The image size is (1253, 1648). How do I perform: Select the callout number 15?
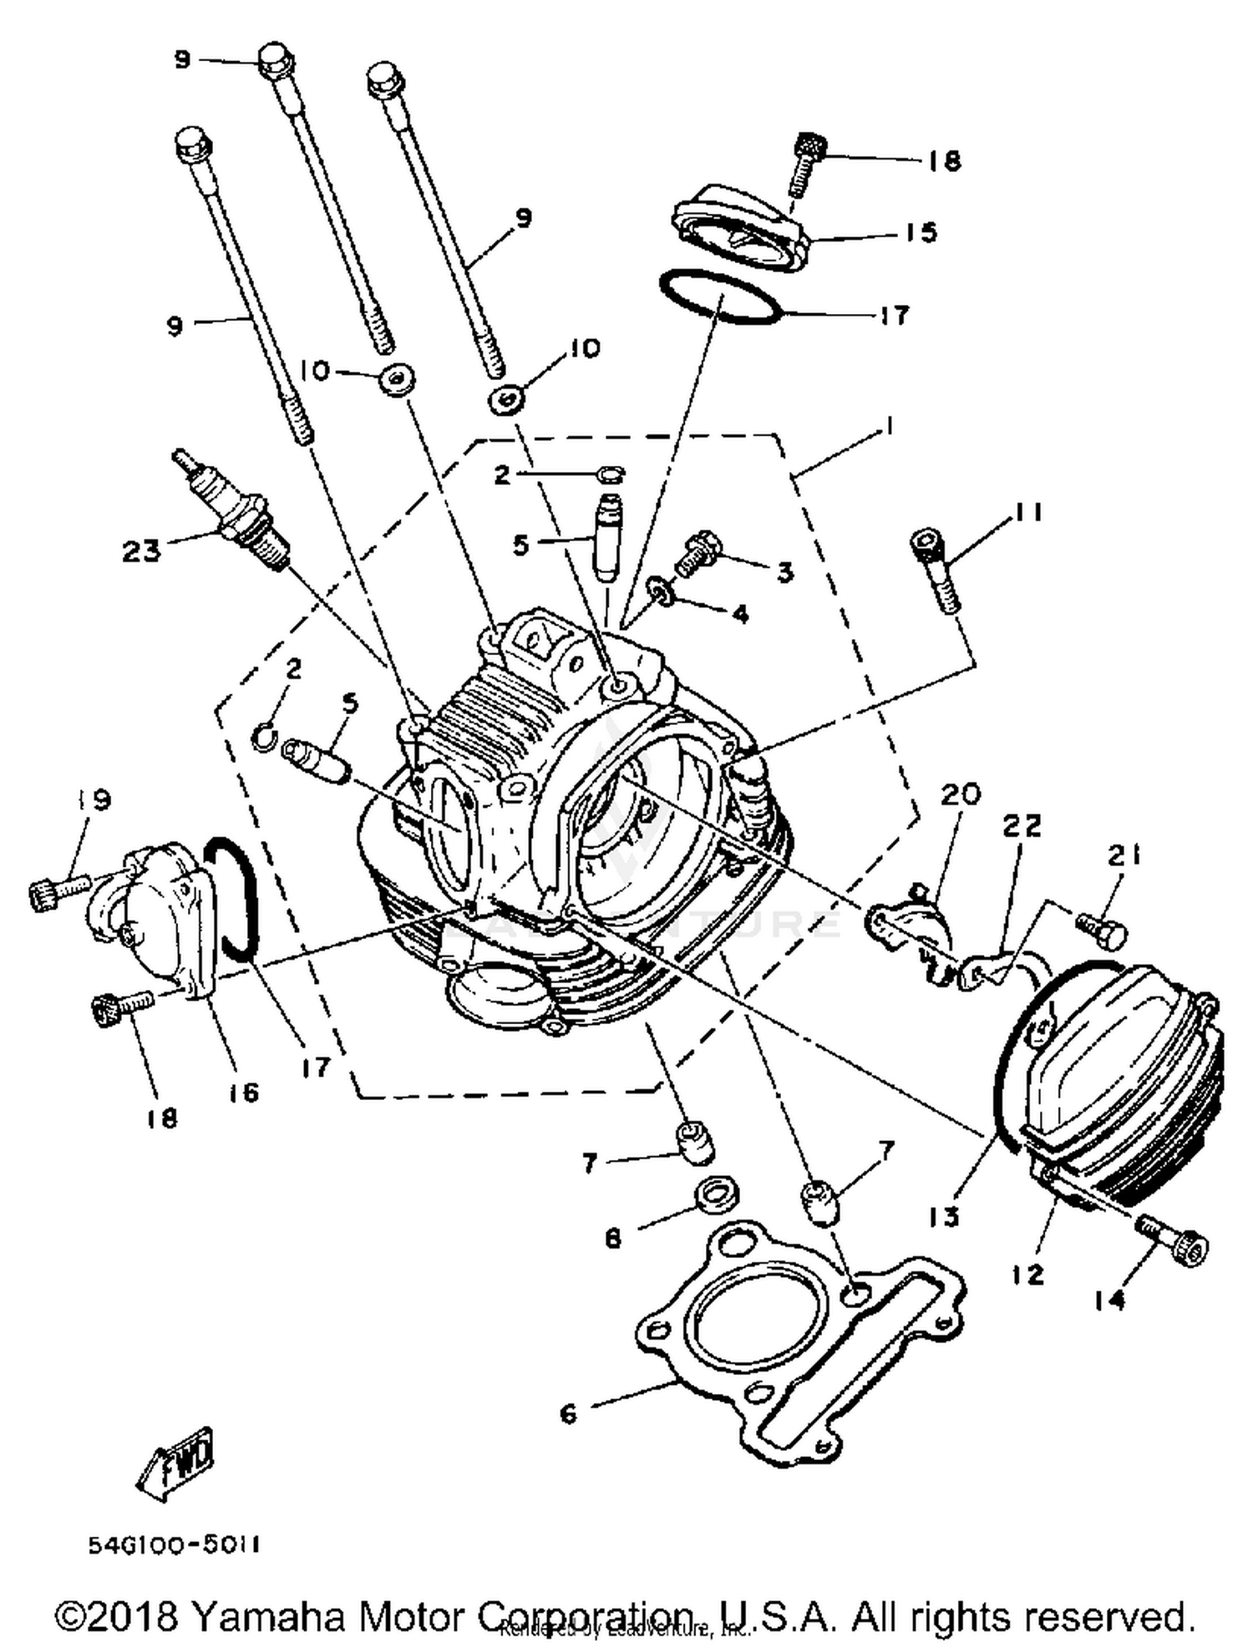[921, 232]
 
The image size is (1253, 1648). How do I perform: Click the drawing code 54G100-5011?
[175, 1545]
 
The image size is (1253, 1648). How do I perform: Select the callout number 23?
[140, 551]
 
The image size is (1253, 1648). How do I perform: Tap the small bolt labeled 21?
[1103, 928]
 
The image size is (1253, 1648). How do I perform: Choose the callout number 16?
[244, 1092]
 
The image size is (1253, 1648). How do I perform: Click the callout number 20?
[961, 794]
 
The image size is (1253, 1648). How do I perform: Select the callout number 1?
[890, 426]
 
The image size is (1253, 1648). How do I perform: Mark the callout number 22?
[1022, 826]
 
